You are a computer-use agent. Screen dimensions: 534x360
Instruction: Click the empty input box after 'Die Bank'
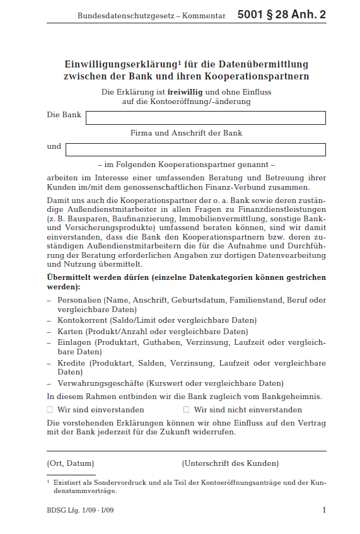[206, 118]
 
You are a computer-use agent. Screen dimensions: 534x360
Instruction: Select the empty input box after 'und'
[195, 149]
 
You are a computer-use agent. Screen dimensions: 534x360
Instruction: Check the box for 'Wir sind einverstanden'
[50, 410]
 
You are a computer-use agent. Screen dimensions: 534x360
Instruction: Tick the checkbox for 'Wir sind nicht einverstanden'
[186, 410]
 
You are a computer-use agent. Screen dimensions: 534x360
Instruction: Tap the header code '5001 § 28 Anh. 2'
[282, 15]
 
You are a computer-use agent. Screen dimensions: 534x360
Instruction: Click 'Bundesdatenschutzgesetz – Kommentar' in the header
[151, 15]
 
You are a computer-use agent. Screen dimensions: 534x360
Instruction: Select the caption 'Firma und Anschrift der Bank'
[186, 133]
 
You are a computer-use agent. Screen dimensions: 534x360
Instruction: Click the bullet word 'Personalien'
[79, 300]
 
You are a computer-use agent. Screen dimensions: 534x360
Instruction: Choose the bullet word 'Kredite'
[72, 363]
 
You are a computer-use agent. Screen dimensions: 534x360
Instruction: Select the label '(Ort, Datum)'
[70, 463]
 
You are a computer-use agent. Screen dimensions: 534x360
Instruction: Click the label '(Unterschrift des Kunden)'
[230, 463]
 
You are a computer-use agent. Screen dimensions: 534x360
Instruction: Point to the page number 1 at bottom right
[323, 510]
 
